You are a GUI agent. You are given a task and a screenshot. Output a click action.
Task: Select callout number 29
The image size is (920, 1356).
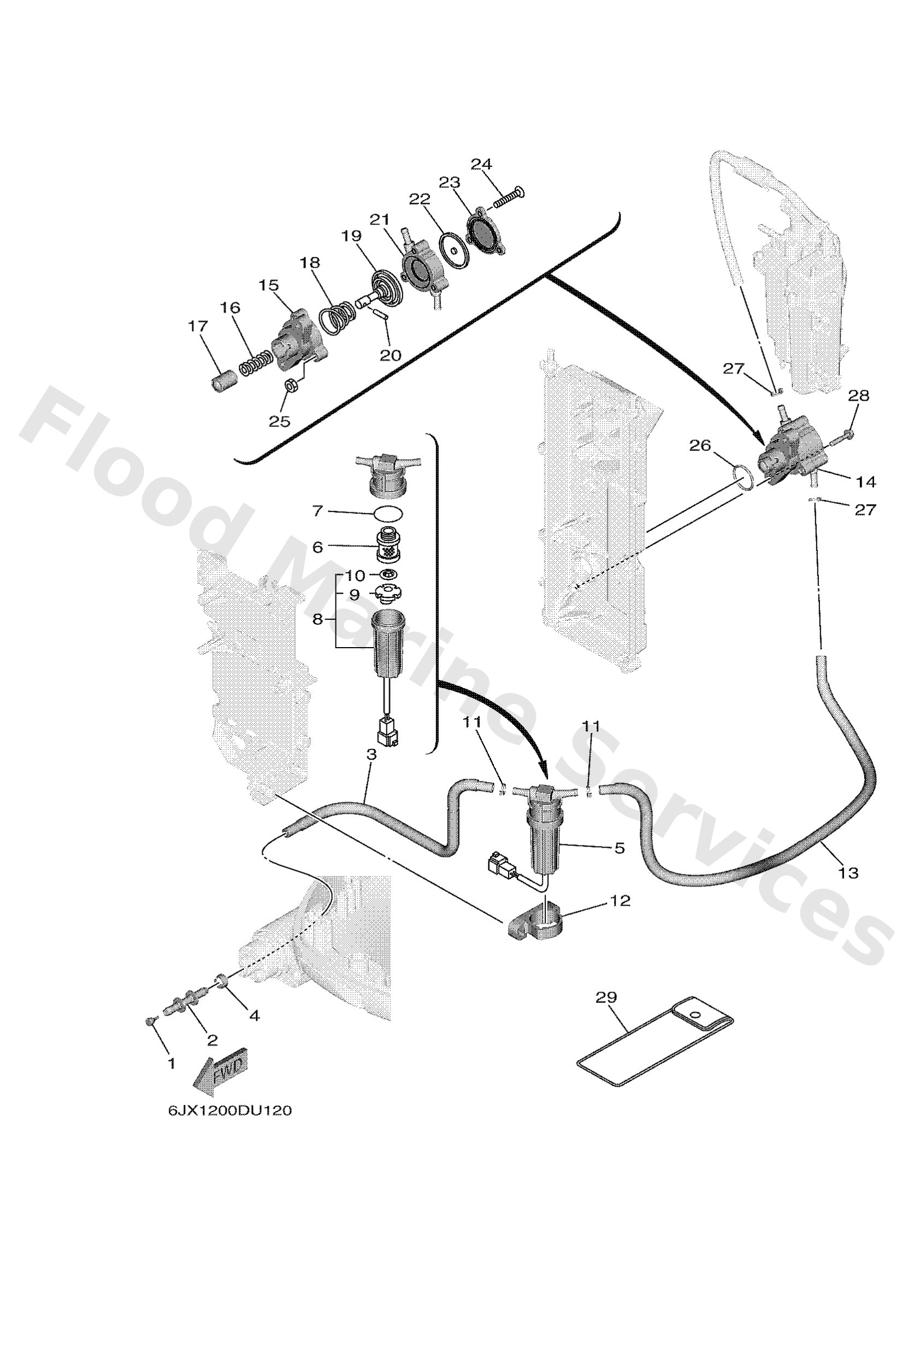(605, 997)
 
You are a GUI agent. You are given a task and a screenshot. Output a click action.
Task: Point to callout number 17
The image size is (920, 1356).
(198, 326)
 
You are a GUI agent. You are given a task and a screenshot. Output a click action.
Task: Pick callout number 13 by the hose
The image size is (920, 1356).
(848, 889)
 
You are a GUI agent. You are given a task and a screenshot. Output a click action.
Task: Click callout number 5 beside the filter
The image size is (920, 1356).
(619, 847)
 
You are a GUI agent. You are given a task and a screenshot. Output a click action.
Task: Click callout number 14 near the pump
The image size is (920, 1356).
(866, 482)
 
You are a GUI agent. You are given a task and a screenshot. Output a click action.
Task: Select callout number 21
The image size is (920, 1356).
(379, 220)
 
